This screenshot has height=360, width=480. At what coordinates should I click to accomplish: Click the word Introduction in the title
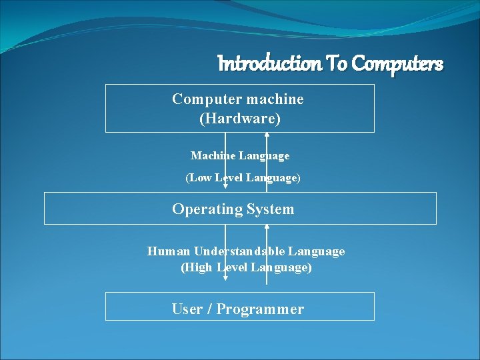point(270,64)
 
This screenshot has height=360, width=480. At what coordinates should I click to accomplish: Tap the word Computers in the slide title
point(397,64)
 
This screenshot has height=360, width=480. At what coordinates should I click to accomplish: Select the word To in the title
point(337,64)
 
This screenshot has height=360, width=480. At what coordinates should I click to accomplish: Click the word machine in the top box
point(275,99)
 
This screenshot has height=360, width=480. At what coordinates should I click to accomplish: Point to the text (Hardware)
point(240,119)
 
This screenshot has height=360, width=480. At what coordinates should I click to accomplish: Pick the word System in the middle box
point(270,209)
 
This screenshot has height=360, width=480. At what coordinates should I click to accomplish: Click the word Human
point(169,251)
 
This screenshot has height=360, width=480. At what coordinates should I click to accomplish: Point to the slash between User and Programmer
point(209,309)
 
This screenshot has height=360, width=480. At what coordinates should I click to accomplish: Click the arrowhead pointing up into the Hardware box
point(267,135)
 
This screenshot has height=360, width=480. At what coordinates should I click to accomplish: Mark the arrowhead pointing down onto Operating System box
point(225,189)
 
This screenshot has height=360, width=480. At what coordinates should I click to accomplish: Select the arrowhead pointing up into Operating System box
point(267,227)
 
